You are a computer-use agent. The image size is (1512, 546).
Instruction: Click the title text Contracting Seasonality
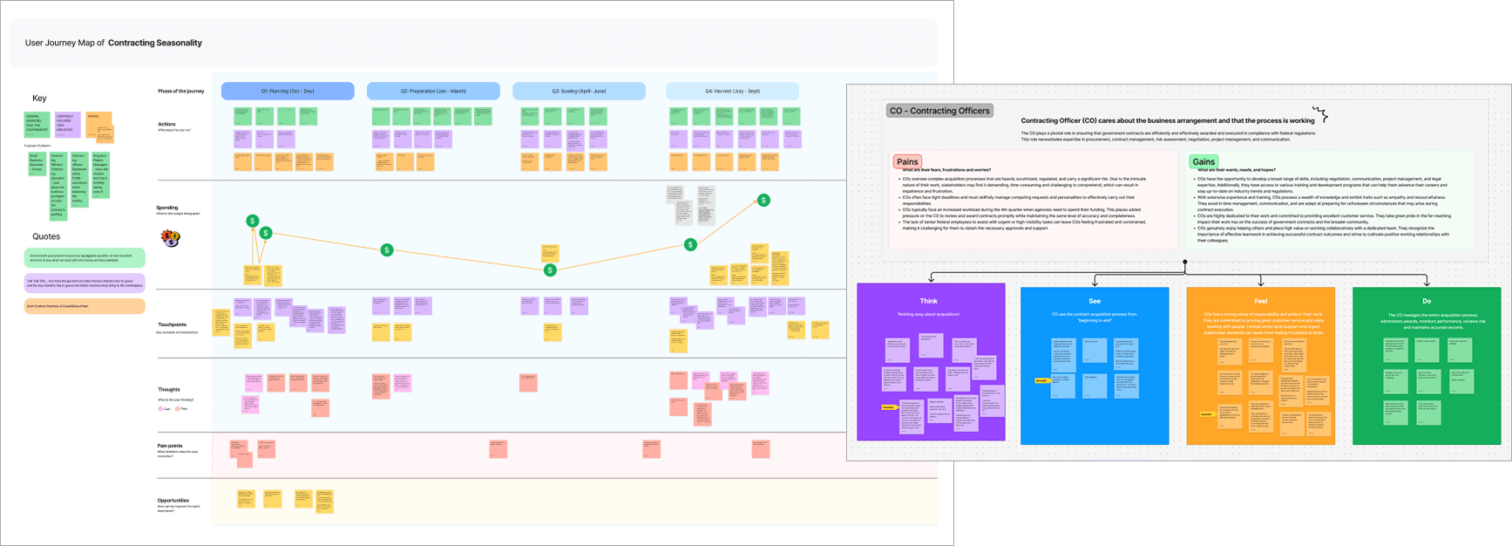[155, 43]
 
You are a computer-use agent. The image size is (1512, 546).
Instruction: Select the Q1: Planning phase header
[288, 91]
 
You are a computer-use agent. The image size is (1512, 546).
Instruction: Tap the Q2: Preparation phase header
[433, 91]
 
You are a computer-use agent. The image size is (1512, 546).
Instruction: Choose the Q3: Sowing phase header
[579, 91]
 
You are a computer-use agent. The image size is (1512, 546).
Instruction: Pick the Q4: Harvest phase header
[732, 91]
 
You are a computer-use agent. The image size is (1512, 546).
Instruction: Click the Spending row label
[167, 208]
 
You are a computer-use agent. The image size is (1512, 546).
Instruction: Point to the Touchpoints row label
[172, 324]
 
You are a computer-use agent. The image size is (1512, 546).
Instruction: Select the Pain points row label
[170, 446]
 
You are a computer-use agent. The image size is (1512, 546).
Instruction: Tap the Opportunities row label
[173, 501]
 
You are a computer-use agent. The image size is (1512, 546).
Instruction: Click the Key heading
[39, 99]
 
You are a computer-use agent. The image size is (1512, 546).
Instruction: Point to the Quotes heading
[46, 236]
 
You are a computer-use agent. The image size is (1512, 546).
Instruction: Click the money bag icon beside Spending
[170, 237]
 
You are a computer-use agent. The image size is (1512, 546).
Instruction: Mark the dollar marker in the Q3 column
[550, 270]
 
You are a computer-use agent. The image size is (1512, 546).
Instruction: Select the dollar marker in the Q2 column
[387, 250]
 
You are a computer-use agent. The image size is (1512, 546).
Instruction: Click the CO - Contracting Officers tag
[939, 111]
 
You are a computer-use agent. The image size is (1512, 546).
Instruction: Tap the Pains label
[907, 161]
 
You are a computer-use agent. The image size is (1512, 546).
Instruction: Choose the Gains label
[1203, 161]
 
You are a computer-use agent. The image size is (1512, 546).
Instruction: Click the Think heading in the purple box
[929, 301]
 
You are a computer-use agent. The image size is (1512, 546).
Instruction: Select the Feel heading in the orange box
[1260, 301]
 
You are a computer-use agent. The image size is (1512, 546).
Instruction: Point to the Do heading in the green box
[1427, 301]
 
